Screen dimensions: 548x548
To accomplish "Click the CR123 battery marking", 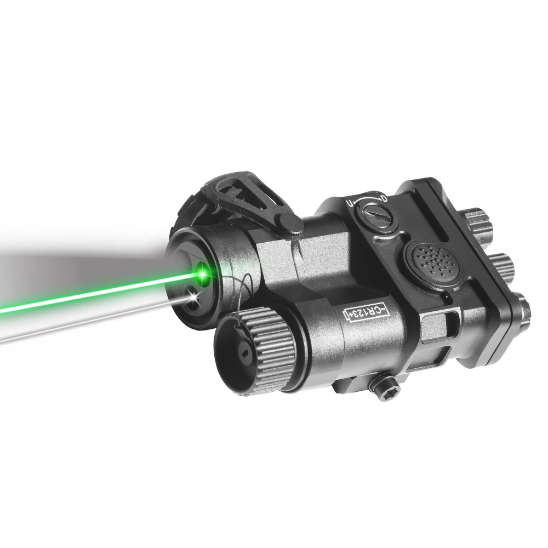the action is tap(366, 312).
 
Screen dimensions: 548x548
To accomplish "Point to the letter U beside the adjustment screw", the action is tap(349, 203).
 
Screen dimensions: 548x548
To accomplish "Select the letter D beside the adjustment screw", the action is tap(384, 198).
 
